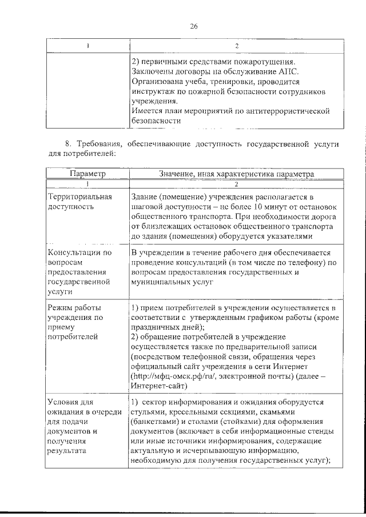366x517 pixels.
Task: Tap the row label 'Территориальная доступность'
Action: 79,201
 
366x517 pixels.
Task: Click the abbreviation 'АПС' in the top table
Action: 288,71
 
